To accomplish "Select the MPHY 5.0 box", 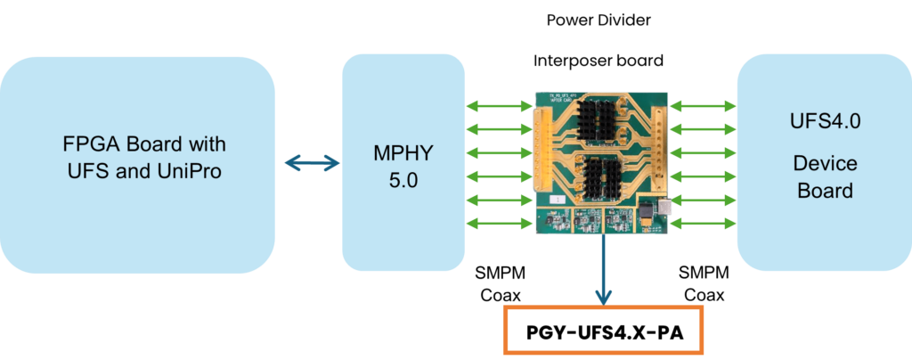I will point(403,163).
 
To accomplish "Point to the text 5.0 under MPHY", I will point(403,179).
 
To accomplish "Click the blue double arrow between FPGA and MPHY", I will point(312,162).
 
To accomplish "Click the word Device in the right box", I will point(824,164).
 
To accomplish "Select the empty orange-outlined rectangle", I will point(604,330).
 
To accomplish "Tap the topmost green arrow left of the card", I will point(500,106).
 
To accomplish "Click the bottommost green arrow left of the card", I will point(500,222).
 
